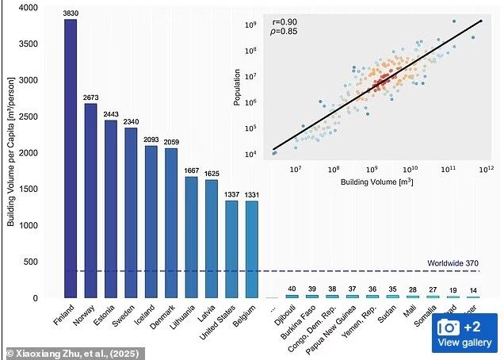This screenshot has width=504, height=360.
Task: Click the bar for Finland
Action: pyautogui.click(x=71, y=159)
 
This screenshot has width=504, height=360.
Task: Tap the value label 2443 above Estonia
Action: pyautogui.click(x=110, y=113)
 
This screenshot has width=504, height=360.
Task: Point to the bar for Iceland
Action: pyautogui.click(x=151, y=222)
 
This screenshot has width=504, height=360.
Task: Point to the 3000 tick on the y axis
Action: pyautogui.click(x=29, y=80)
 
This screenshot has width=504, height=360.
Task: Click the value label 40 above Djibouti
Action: pyautogui.click(x=292, y=289)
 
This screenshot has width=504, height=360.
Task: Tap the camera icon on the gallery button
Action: pyautogui.click(x=449, y=327)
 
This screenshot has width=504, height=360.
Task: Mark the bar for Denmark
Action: pyautogui.click(x=170, y=223)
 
